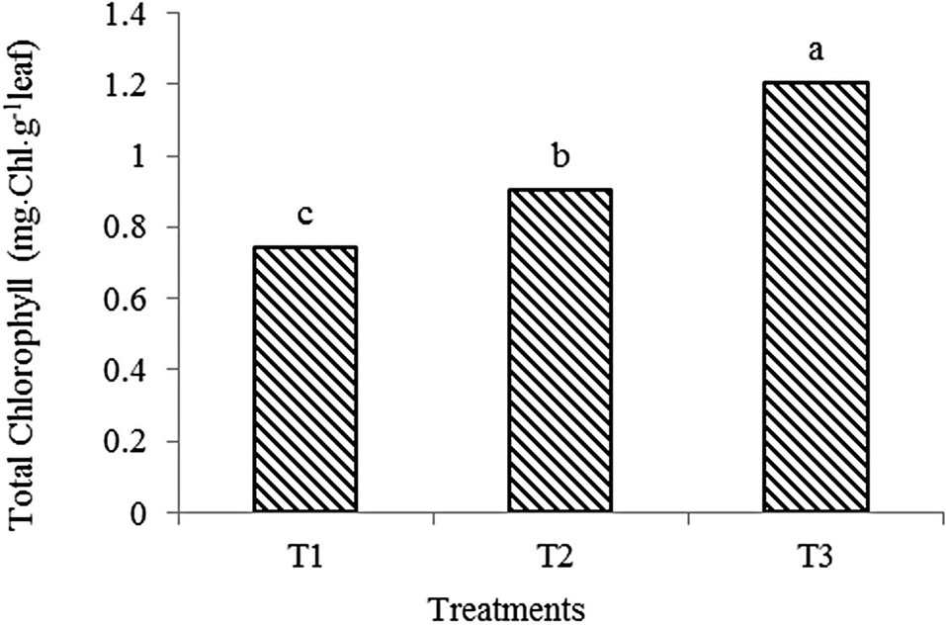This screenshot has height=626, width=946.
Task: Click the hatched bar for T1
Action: (x=305, y=380)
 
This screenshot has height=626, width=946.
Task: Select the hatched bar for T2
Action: (x=560, y=351)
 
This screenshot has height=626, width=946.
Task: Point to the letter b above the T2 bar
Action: (x=560, y=158)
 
